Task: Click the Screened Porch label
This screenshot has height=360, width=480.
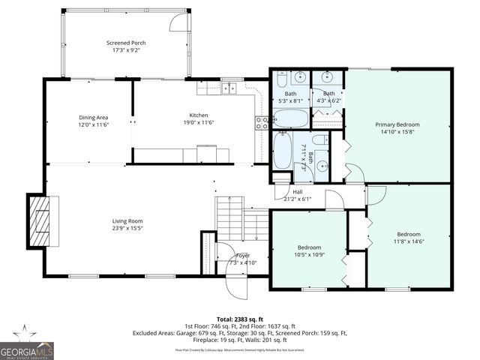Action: click(x=126, y=43)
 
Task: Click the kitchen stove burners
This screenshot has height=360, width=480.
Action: click(x=262, y=123)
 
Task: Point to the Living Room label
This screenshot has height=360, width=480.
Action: click(x=127, y=220)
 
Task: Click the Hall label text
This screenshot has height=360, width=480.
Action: click(x=298, y=192)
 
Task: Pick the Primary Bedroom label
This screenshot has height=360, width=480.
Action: click(x=397, y=124)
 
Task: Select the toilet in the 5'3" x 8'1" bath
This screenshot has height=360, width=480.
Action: click(x=280, y=79)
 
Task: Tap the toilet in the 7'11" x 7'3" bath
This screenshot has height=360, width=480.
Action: click(x=318, y=140)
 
